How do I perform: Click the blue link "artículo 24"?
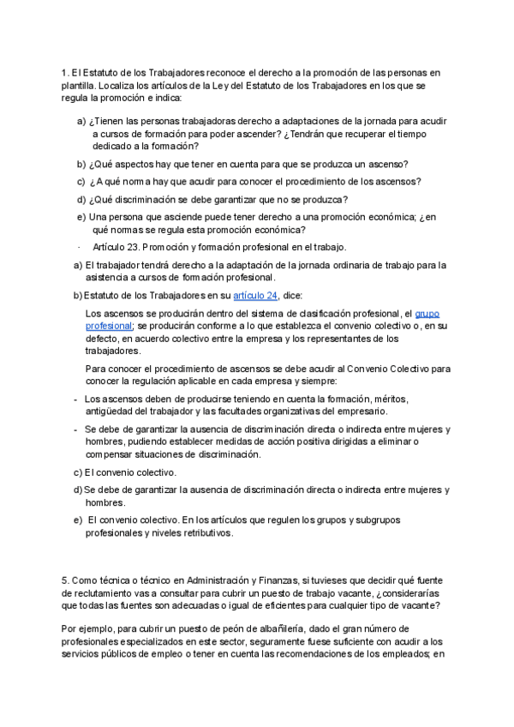pos(256,296)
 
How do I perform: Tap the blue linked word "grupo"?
pos(427,314)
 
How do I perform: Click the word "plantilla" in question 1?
pos(79,87)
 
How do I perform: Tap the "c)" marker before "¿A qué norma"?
pos(81,181)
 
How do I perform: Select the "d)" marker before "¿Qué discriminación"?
pos(81,199)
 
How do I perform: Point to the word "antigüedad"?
pos(111,412)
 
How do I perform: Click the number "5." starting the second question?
pos(66,580)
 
